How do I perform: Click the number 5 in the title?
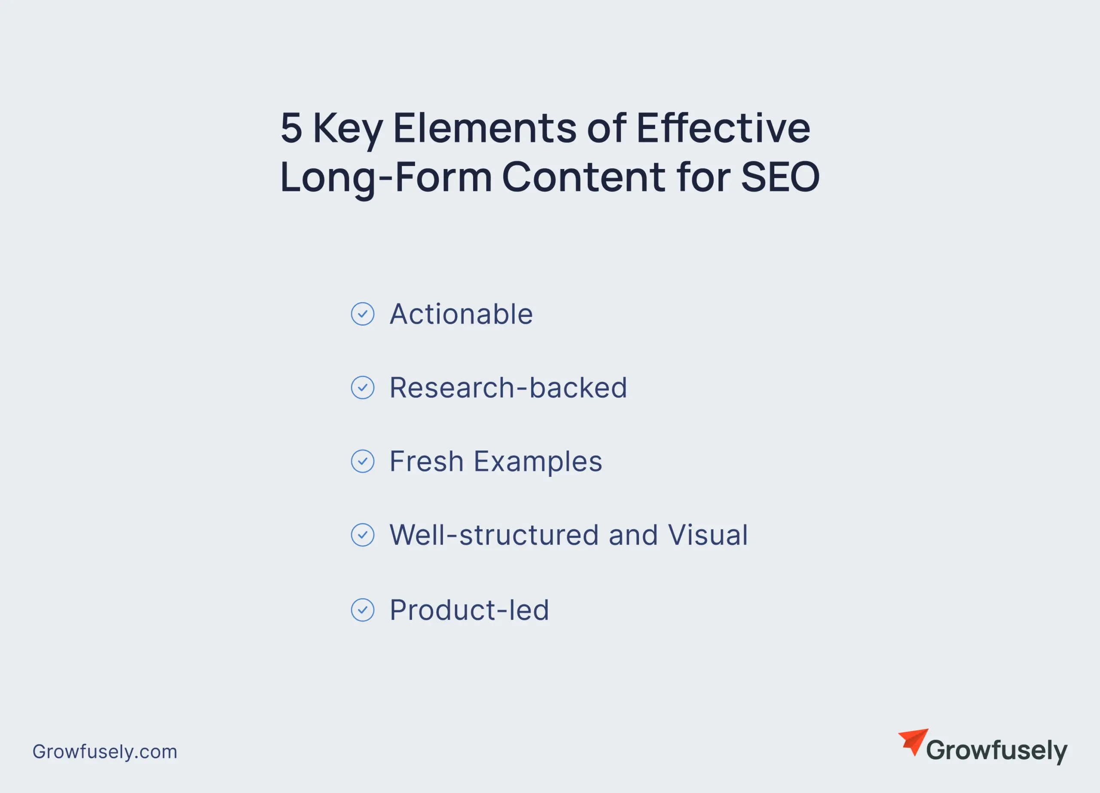pos(291,128)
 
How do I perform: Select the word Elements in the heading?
pos(485,128)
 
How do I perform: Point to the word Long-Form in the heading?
pos(386,177)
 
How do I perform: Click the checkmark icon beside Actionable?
pos(362,314)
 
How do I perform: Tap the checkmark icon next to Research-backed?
pos(362,388)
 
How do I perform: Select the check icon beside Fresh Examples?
pos(362,461)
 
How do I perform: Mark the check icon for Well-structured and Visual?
pos(362,535)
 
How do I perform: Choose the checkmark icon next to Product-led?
pos(362,610)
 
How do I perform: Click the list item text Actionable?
pos(461,314)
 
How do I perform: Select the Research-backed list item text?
pos(508,388)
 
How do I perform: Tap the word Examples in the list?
pos(538,462)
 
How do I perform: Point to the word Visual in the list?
pos(708,535)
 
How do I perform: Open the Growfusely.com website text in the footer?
pos(105,752)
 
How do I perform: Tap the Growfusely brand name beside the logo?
pos(997,751)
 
